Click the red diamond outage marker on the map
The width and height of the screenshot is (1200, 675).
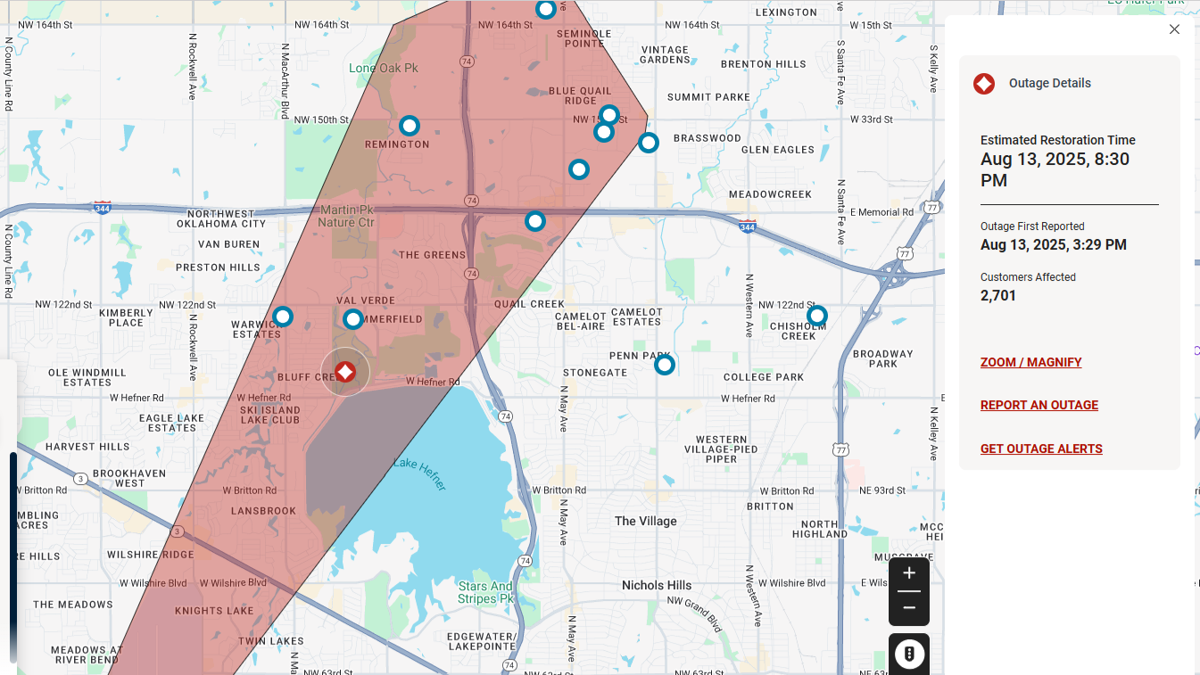[345, 372]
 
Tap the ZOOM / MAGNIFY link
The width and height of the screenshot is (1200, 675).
[1030, 363]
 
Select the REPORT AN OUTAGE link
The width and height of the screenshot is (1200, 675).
[1039, 406]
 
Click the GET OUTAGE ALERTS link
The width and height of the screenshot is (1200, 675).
[1041, 449]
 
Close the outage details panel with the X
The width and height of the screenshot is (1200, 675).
[1174, 29]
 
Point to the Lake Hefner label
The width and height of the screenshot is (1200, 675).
[419, 473]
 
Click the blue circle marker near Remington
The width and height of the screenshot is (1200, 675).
[410, 126]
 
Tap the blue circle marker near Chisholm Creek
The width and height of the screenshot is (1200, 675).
[817, 316]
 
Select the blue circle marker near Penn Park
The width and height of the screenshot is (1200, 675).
[665, 365]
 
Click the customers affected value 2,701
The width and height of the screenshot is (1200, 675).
[998, 296]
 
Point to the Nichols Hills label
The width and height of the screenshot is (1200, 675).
[657, 586]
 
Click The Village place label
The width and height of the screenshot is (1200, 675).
[646, 522]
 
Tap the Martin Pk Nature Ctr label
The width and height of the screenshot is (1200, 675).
[347, 216]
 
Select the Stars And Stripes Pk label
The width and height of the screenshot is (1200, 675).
[485, 593]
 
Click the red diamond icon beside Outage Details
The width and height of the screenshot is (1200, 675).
[984, 84]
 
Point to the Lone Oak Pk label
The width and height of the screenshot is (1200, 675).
[384, 69]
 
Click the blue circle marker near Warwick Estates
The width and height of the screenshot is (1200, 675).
[283, 317]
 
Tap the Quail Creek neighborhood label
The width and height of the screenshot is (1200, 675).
[529, 304]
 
